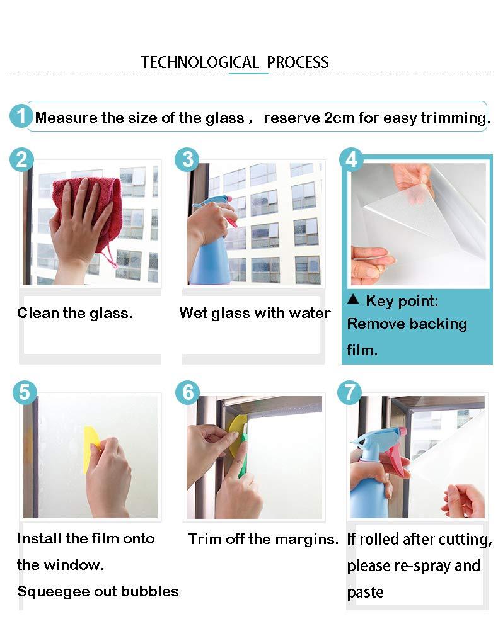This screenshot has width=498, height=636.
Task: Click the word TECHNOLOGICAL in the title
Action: coord(200,62)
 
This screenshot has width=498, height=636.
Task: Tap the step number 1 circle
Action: coord(21,116)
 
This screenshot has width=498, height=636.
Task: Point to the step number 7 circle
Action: coord(350,392)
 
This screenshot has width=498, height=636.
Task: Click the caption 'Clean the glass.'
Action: coord(74,313)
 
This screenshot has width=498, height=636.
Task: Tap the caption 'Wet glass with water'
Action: coord(255,313)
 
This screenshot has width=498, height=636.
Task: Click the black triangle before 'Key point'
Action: coord(353,300)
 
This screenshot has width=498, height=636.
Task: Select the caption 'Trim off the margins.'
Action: coord(263,539)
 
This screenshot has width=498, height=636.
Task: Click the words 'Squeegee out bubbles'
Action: coord(98,591)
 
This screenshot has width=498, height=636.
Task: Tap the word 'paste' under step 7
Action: coord(365,593)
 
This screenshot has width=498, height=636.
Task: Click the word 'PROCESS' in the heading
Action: coord(298,62)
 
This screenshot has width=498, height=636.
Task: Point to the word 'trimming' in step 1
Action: coord(456,118)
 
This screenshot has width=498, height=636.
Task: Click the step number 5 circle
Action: coord(24,392)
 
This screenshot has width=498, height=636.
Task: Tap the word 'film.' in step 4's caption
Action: coord(362,350)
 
